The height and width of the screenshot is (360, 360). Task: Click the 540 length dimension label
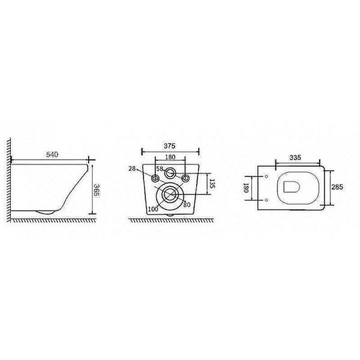click(52, 155)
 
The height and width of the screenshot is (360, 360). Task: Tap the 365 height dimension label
click(97, 190)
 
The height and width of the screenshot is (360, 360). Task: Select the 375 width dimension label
click(169, 146)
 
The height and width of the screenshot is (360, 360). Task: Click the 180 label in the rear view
click(170, 157)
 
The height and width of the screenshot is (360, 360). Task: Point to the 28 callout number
click(132, 169)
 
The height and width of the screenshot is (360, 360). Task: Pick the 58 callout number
click(160, 169)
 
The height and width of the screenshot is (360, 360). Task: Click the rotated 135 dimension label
click(212, 184)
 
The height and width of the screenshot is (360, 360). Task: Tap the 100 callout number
click(153, 209)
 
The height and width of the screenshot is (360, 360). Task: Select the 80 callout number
click(187, 205)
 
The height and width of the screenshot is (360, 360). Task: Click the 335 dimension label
click(295, 157)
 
